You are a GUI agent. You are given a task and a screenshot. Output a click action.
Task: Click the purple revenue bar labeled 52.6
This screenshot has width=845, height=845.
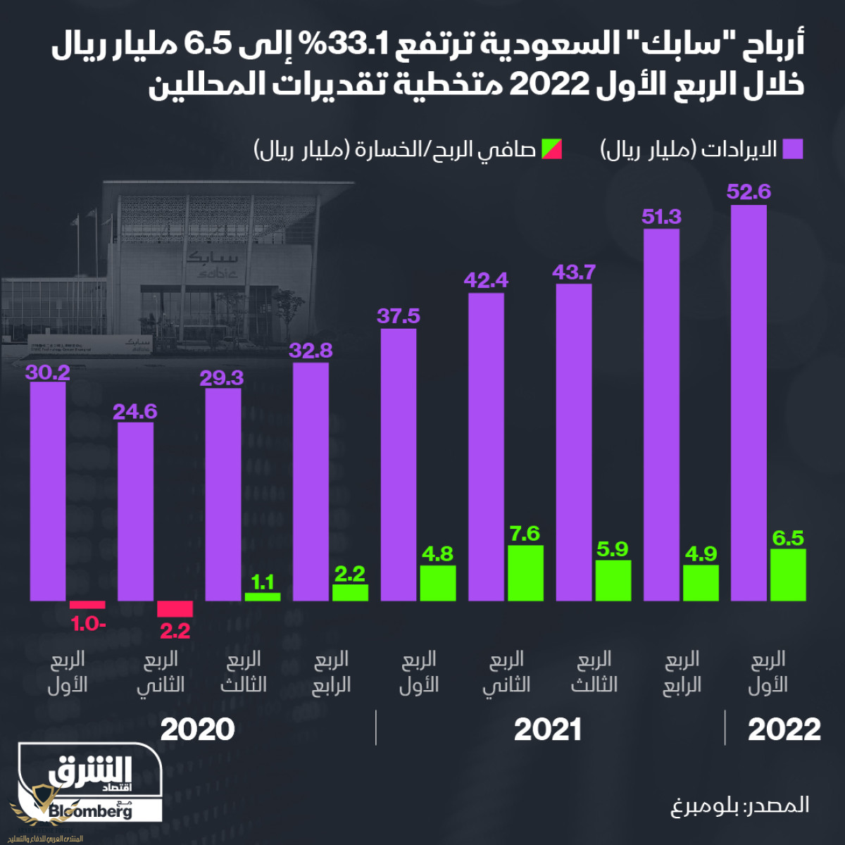coord(749,403)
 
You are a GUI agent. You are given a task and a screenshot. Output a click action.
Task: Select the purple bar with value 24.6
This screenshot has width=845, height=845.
coord(135,511)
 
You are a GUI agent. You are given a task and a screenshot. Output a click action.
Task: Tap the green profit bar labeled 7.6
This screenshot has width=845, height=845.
coord(525,572)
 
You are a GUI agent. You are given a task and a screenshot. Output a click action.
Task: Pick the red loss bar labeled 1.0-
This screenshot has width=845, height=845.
coord(87,604)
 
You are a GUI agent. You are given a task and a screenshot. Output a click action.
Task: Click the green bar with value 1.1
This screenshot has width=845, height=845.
coord(263,596)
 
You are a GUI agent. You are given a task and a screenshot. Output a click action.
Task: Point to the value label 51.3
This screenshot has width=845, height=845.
coord(661,216)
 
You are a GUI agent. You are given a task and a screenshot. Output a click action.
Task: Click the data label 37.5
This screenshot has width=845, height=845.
coord(398,316)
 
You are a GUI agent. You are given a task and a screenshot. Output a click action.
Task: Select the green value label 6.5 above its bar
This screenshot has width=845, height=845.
coord(788,538)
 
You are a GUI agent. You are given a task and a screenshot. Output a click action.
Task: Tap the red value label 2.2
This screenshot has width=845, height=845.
coord(175,631)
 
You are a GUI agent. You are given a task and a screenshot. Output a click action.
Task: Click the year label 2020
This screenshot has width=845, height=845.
coord(197,730)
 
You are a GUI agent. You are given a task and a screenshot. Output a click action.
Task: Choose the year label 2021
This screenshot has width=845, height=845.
coord(547,730)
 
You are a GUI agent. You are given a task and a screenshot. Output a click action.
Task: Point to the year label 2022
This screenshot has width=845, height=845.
coord(784,730)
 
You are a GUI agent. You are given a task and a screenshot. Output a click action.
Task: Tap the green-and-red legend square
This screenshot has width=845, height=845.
coord(551,149)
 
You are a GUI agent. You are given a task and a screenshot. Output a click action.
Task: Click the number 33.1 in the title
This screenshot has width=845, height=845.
coord(369,46)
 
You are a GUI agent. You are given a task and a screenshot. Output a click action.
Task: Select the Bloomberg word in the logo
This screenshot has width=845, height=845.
coord(90,811)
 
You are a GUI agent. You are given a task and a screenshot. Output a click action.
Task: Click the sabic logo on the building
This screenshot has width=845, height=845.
coord(210,265)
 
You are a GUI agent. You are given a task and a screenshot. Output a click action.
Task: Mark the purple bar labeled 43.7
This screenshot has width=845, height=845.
coord(573,442)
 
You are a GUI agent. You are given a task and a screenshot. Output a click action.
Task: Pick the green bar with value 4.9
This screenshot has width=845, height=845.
coord(701,582)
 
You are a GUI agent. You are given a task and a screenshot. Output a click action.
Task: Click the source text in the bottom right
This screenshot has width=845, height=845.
coord(739,805)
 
